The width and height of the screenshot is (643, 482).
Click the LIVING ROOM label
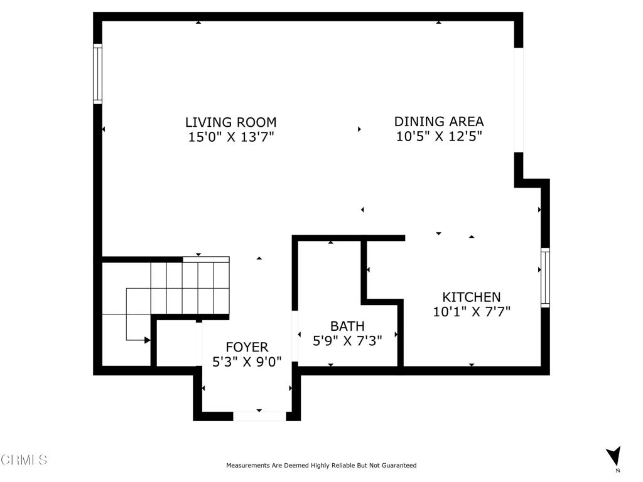tap(231, 122)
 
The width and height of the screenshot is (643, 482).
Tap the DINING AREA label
tap(439, 121)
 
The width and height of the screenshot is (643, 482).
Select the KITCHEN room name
tap(471, 297)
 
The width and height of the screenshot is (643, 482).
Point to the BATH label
tap(347, 326)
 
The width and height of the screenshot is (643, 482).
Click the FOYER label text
tap(247, 347)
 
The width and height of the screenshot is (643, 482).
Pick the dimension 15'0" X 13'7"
tap(231, 136)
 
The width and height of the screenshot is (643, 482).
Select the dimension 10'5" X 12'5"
tap(439, 136)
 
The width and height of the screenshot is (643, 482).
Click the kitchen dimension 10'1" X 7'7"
tap(472, 311)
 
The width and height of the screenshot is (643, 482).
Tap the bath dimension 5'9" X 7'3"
tap(347, 341)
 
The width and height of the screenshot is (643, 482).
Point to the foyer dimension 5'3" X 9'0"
tap(247, 362)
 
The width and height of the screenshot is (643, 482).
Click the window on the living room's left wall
tap(97, 74)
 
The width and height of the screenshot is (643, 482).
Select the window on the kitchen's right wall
tap(545, 277)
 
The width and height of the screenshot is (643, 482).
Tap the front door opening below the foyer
tap(259, 417)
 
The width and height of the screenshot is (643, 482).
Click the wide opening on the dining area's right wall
tap(519, 100)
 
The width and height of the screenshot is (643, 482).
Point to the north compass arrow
tap(614, 456)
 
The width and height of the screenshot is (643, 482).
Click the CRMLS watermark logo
tap(23, 459)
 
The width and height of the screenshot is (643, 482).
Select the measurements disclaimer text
tap(321, 465)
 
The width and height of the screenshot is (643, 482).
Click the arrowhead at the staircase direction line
tap(148, 340)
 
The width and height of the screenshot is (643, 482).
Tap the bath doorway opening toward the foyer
tap(294, 336)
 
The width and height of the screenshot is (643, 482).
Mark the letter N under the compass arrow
tap(618, 471)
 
